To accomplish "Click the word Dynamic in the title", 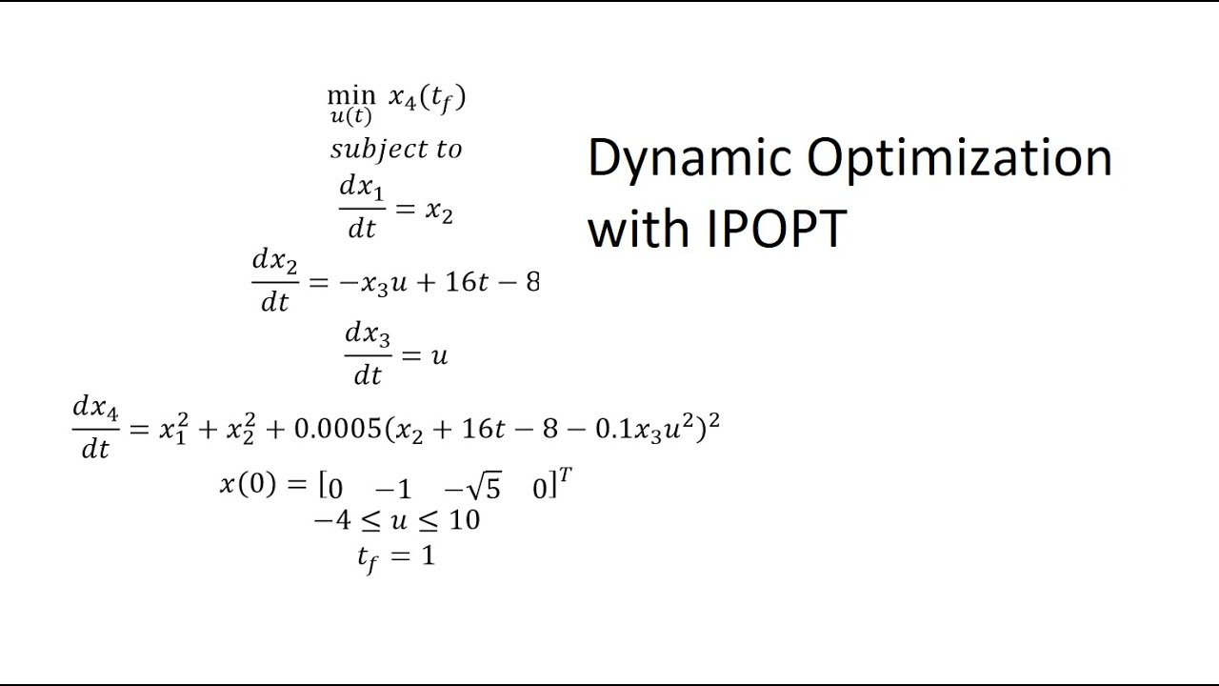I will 689,159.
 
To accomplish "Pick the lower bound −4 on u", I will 328,520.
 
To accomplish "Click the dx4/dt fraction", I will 95,428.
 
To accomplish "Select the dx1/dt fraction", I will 362,208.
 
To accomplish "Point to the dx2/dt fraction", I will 274,280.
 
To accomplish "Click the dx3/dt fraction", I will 368,353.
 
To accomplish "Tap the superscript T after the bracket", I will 565,475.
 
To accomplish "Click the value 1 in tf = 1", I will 428,555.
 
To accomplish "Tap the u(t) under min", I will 350,117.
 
